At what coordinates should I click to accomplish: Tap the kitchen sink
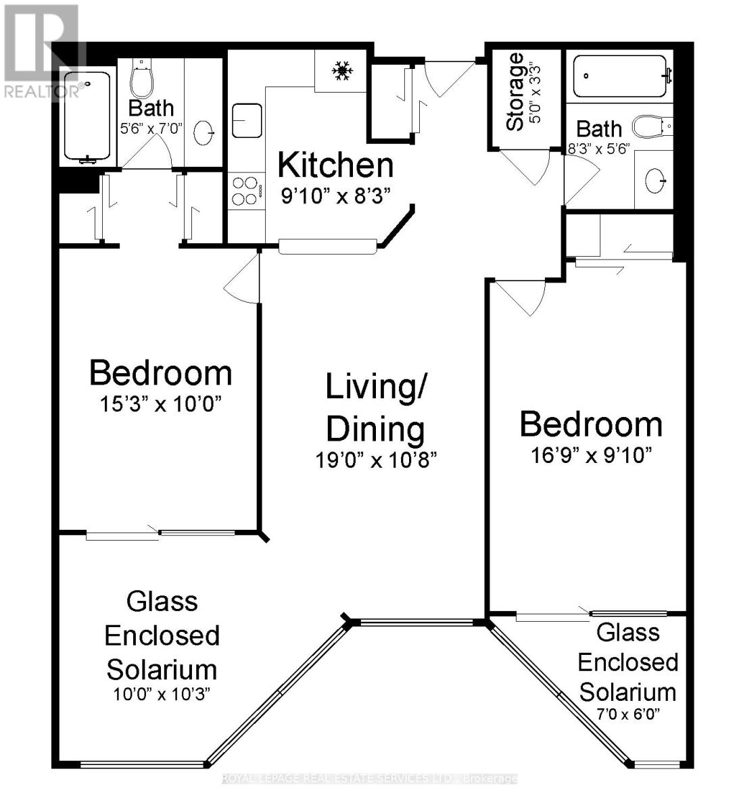click(x=247, y=120)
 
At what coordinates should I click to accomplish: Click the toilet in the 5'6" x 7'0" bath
click(x=141, y=80)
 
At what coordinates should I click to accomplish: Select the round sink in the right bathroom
click(x=654, y=180)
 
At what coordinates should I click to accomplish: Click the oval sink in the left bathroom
click(x=204, y=133)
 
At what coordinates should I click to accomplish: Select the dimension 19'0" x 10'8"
click(x=376, y=460)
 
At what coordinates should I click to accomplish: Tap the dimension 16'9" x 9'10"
click(x=590, y=456)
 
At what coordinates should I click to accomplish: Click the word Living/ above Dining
click(x=376, y=387)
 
